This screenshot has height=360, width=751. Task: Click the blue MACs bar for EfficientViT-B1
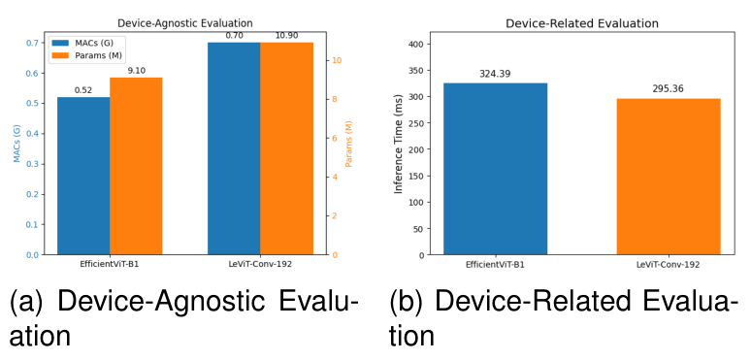pos(83,176)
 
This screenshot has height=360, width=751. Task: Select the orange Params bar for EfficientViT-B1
pos(136,166)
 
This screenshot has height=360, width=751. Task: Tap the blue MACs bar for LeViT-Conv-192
pos(234,148)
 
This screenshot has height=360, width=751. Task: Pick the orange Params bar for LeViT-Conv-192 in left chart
pos(286,148)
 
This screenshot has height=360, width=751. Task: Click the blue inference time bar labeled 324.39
pos(495,169)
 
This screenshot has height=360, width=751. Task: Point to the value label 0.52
pos(83,90)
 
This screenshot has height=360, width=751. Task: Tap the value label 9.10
pos(136,70)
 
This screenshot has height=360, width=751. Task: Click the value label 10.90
pos(286,35)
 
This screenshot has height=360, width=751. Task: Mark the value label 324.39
pos(495,74)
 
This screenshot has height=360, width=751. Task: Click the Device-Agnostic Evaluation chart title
pos(184,21)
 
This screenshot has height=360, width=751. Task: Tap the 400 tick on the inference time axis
pos(418,44)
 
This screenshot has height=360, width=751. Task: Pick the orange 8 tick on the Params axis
pos(336,99)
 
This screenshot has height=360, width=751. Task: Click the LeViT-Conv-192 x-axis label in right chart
pos(669,264)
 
